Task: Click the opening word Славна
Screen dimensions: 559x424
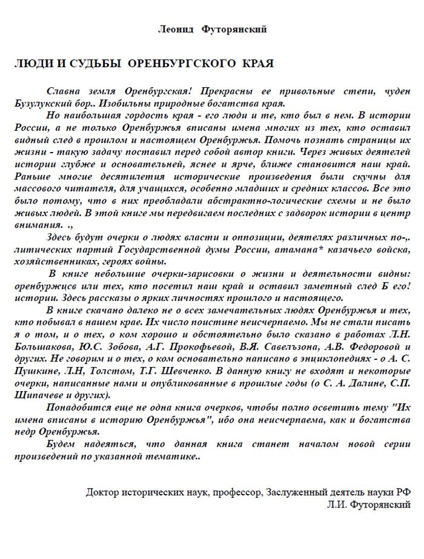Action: (64, 90)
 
